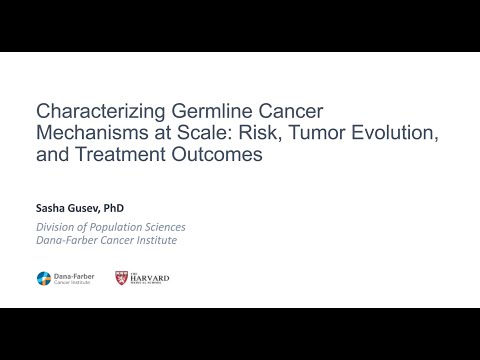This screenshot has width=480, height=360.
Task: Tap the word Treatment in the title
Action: [120, 156]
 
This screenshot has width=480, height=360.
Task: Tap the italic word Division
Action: [56, 227]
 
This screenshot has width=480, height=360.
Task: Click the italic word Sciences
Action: [165, 227]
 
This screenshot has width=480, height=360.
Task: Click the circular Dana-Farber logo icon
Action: [44, 277]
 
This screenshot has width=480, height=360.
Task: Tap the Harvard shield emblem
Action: [121, 277]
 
